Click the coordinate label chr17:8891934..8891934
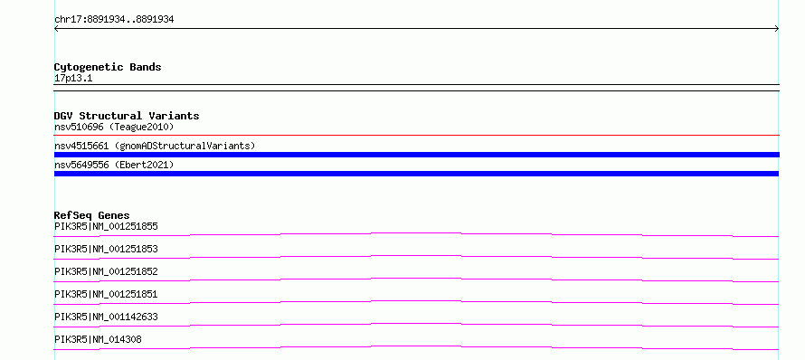coord(114,20)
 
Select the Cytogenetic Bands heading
coord(108,67)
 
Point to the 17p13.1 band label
coord(73,79)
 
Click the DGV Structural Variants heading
coord(127,116)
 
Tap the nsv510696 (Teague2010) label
coord(114,127)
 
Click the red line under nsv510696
coord(416,136)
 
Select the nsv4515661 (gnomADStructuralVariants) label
coord(155,146)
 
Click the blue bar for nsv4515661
coord(416,155)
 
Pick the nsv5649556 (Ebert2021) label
coord(114,165)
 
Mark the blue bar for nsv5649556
coord(416,174)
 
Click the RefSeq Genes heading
coord(92,215)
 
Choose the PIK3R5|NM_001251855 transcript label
coord(106,226)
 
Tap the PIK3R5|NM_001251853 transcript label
coord(106,249)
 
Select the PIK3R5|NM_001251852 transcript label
coord(106,271)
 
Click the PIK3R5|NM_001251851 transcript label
coord(106,294)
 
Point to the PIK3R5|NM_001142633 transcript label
coord(106,317)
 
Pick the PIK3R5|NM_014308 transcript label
coord(98,339)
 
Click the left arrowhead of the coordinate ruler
coord(55,29)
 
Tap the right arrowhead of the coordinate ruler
coord(778,29)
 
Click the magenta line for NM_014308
coord(416,346)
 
